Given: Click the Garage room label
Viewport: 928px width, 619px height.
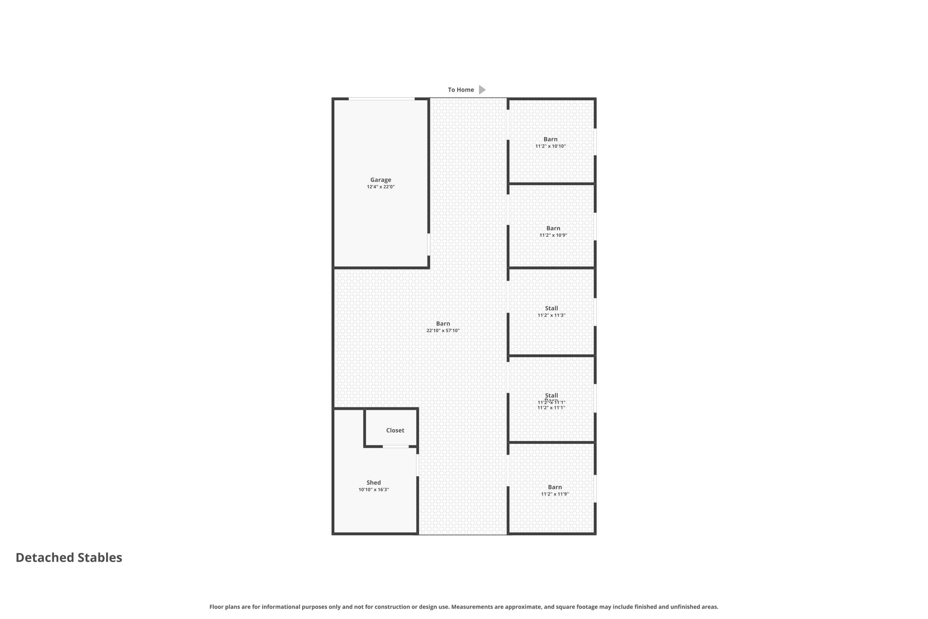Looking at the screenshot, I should click(x=380, y=180).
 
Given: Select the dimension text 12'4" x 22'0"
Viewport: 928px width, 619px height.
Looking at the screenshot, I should click(x=380, y=187).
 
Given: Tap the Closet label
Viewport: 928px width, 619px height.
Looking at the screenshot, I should click(x=395, y=430).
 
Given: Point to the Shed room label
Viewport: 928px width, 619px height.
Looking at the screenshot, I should click(x=373, y=483).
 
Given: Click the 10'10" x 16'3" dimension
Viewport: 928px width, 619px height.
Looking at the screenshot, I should click(x=373, y=490).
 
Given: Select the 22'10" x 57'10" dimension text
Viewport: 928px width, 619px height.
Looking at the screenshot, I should click(x=443, y=331).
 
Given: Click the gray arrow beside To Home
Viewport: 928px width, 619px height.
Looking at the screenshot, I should click(x=482, y=90).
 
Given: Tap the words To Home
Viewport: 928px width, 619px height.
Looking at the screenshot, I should click(x=460, y=90).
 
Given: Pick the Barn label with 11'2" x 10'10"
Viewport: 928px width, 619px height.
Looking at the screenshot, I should click(x=550, y=139).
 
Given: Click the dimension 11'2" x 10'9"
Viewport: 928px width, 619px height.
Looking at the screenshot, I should click(x=553, y=235).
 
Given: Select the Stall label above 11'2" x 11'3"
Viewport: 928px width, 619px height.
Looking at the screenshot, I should click(x=551, y=308).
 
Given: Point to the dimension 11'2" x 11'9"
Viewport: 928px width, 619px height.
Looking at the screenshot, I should click(x=555, y=494).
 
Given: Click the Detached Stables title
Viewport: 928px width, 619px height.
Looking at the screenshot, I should click(x=69, y=557).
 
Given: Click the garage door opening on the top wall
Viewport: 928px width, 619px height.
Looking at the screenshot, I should click(x=381, y=98).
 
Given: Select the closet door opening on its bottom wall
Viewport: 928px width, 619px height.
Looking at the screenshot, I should click(x=396, y=447).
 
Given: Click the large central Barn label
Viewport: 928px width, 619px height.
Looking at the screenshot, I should click(x=443, y=323).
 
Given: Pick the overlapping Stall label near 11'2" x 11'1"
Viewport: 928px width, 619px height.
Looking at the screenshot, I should click(x=551, y=395).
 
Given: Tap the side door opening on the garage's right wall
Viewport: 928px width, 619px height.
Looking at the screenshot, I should click(x=429, y=244).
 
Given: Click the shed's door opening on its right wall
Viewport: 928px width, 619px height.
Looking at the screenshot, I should click(x=417, y=465).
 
